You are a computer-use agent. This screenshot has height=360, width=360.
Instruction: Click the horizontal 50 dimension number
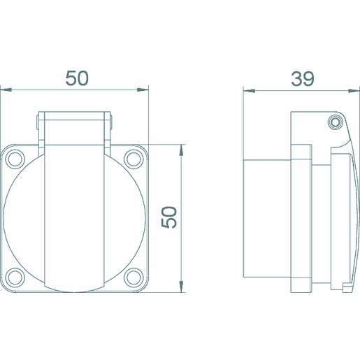click(x=77, y=78)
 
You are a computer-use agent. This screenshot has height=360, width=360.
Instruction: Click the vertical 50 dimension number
click(x=169, y=217)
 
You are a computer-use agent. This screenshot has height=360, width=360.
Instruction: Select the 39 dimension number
click(x=303, y=79)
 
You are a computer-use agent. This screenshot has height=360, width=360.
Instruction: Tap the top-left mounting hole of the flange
click(x=15, y=159)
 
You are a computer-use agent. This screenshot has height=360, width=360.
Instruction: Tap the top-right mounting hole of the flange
click(x=134, y=159)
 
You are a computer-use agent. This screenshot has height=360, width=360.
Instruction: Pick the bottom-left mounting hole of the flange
click(x=15, y=278)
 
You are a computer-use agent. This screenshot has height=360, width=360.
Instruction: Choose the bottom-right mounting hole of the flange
click(x=134, y=278)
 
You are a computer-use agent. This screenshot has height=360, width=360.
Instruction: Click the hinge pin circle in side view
click(x=335, y=122)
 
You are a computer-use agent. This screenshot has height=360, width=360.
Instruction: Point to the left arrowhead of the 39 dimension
click(x=249, y=91)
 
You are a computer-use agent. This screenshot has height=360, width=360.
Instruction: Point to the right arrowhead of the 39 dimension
click(x=354, y=91)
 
